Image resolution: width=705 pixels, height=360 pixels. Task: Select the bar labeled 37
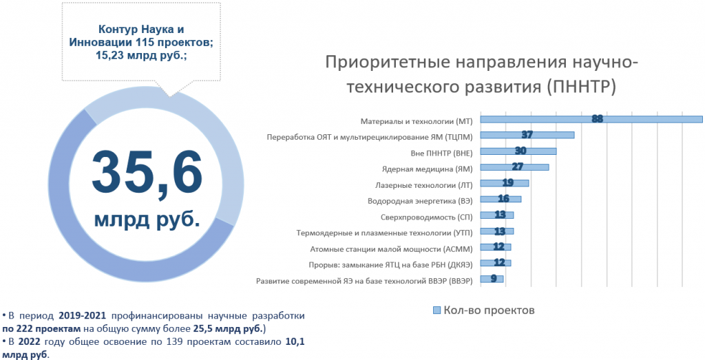tap(527, 135)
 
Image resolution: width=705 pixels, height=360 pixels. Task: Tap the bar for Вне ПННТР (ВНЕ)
tap(518, 151)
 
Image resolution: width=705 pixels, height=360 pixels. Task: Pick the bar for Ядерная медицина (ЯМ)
tap(514, 167)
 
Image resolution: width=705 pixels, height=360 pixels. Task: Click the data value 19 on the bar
tap(509, 183)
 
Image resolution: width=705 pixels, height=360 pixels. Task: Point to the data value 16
tap(503, 199)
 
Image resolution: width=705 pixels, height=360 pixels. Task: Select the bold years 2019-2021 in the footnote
tap(82, 316)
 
